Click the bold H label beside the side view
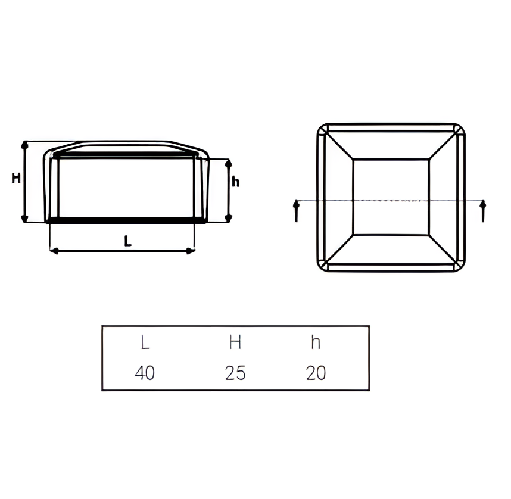tap(16, 178)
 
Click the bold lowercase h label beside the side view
tap(235, 181)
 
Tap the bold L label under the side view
tap(127, 241)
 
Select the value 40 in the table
tap(145, 373)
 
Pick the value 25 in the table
tap(235, 373)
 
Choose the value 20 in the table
tap(316, 373)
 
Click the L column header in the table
tap(145, 342)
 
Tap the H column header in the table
tap(235, 342)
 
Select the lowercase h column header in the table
tap(316, 342)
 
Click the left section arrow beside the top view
tap(296, 211)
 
